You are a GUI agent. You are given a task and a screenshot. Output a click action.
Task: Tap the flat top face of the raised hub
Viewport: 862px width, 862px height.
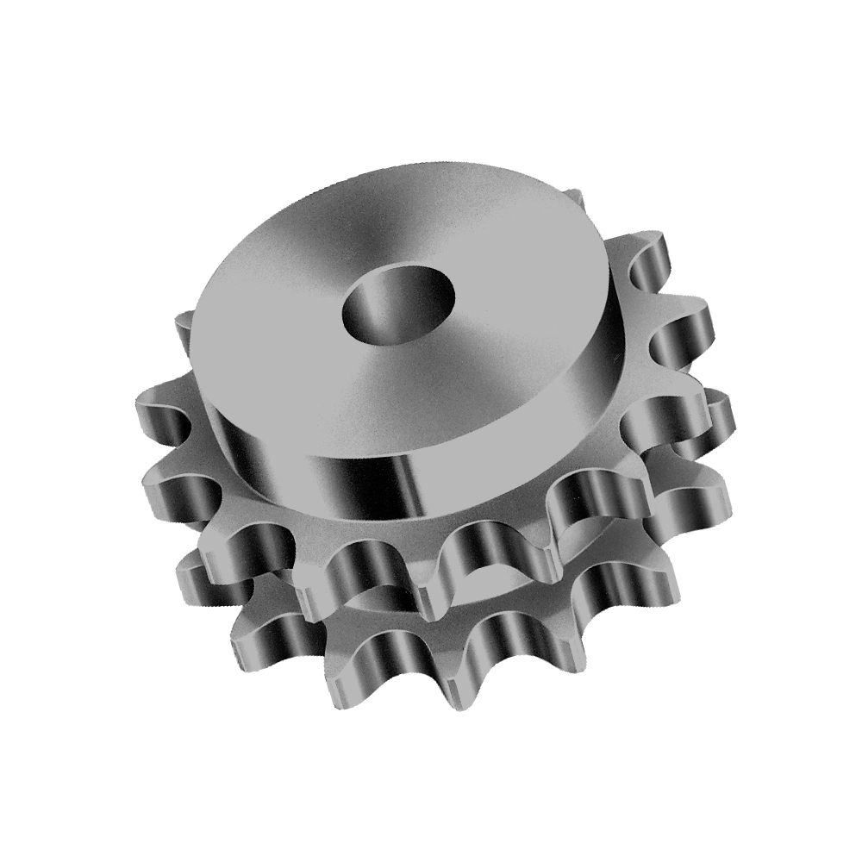284,345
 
